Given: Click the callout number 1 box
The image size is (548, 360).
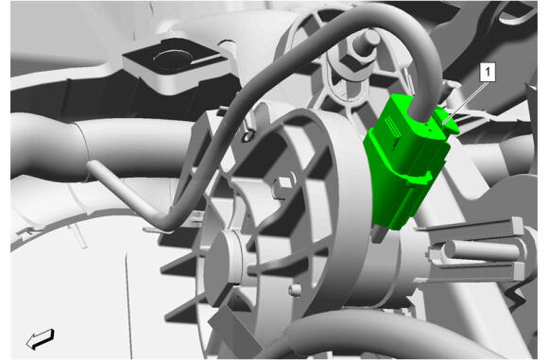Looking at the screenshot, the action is (488, 73).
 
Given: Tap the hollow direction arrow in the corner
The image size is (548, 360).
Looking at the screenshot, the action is (41, 338).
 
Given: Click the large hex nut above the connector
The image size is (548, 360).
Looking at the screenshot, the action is (350, 64).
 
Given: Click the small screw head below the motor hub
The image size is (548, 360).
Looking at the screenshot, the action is (295, 289).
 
